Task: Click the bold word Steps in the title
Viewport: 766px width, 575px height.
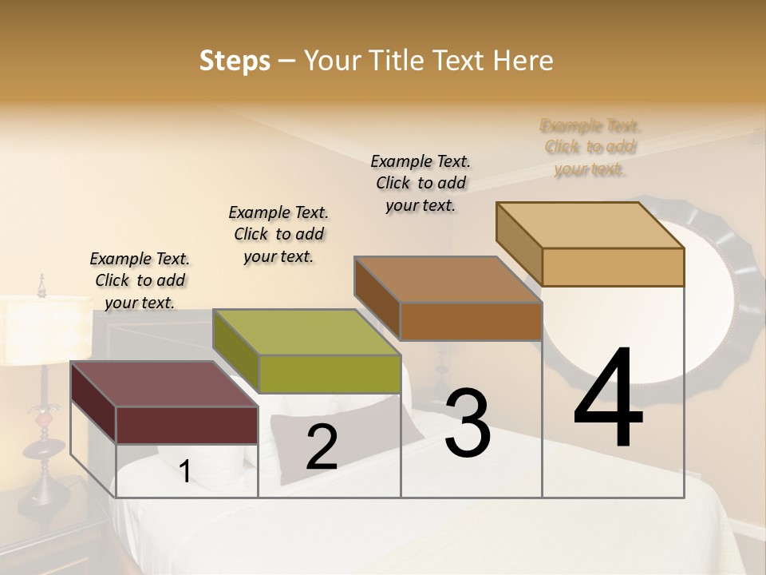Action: click(x=235, y=61)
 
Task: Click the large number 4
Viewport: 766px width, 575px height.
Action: click(x=608, y=399)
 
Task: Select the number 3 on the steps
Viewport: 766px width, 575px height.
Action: click(x=468, y=424)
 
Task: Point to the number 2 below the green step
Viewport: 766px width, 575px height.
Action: click(x=322, y=448)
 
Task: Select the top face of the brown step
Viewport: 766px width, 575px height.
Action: click(x=447, y=280)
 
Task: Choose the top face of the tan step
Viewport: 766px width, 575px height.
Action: click(x=590, y=225)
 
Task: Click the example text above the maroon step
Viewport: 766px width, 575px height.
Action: click(x=140, y=280)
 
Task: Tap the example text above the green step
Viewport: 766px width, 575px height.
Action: click(x=278, y=234)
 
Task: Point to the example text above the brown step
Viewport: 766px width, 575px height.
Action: click(x=421, y=183)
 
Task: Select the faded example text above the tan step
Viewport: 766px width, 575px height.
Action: click(x=590, y=147)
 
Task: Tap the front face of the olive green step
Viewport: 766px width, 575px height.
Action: click(x=330, y=374)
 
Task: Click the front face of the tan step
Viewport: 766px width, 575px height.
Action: click(x=613, y=267)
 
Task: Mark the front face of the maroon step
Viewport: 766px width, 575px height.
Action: click(x=187, y=425)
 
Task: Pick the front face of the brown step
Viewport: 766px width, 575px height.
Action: click(x=471, y=321)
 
